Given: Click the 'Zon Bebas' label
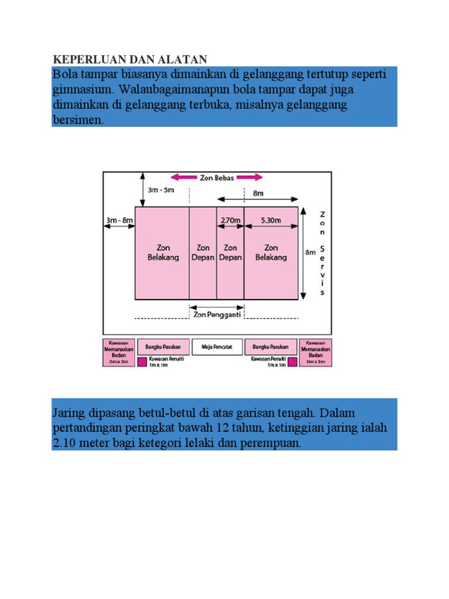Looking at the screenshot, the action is tap(217, 177).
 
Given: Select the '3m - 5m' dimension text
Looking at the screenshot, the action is tap(161, 191).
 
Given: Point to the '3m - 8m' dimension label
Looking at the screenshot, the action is tap(119, 220).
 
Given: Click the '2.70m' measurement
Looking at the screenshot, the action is tap(229, 220).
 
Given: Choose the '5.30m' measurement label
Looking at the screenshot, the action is tap(271, 220).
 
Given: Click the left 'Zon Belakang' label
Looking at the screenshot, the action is tap(162, 252).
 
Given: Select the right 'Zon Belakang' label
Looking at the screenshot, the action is tap(271, 252).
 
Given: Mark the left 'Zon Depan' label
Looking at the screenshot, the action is tap(203, 252).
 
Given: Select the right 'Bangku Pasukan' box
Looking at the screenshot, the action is tap(271, 346).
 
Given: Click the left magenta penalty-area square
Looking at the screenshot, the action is tap(143, 362).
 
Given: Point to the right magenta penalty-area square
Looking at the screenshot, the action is tap(292, 362).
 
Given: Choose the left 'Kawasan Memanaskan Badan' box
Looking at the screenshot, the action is tap(119, 352).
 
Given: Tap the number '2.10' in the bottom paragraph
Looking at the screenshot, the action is tap(65, 443).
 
